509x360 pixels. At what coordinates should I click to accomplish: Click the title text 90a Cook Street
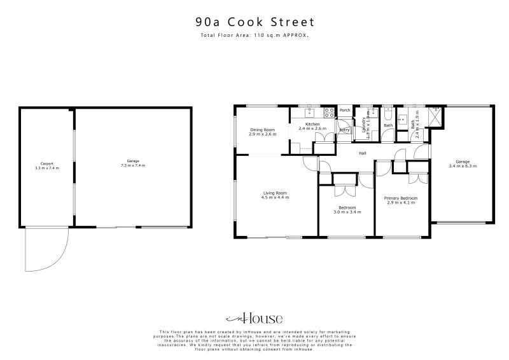pyautogui.click(x=254, y=22)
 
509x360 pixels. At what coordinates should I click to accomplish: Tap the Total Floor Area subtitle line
pyautogui.click(x=254, y=36)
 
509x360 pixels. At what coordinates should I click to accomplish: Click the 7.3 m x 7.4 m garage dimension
pyautogui.click(x=133, y=165)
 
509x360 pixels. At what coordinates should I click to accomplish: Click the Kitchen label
pyautogui.click(x=312, y=124)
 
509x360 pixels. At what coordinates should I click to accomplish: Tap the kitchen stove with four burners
pyautogui.click(x=330, y=113)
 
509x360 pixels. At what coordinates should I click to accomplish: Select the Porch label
pyautogui.click(x=345, y=111)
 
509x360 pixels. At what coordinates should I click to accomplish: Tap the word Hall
pyautogui.click(x=362, y=153)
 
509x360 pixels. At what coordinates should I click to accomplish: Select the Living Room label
pyautogui.click(x=275, y=193)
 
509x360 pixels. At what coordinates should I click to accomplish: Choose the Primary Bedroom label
pyautogui.click(x=401, y=198)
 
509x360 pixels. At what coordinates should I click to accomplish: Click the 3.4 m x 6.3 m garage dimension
pyautogui.click(x=463, y=166)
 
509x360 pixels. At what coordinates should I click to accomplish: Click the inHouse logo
pyautogui.click(x=254, y=319)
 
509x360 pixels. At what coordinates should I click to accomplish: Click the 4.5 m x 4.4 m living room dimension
pyautogui.click(x=275, y=197)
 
